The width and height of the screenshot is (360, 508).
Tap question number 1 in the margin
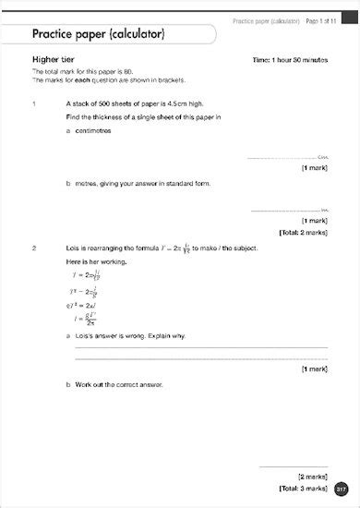[x=34, y=104]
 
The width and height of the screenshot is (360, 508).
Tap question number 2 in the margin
[x=34, y=248]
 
